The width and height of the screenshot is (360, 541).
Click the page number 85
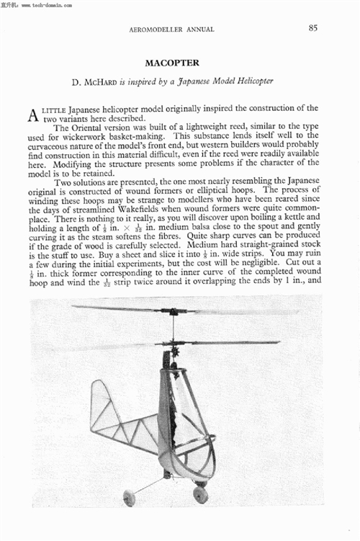coord(313,28)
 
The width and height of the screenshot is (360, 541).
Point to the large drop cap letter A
coord(33,115)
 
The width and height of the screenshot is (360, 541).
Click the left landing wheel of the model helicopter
coord(130,497)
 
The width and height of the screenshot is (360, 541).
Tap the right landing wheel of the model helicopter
coord(201,494)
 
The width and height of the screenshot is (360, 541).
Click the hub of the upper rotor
coord(174,311)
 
